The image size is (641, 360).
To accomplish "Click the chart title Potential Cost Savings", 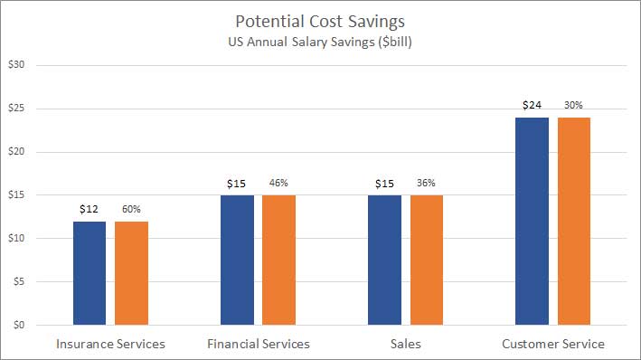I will click(x=320, y=21).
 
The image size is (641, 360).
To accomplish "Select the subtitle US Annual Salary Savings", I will click(x=320, y=42).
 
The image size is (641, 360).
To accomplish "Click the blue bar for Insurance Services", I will click(x=90, y=272).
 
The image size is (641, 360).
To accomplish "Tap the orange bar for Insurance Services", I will click(x=131, y=272).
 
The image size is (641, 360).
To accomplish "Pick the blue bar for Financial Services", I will click(x=237, y=260).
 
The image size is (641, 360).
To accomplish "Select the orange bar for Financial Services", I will click(x=278, y=260).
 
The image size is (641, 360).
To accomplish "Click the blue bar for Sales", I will click(x=384, y=260).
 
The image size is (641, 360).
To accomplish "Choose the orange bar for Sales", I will click(x=427, y=260).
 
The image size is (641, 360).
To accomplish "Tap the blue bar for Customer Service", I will click(x=532, y=221).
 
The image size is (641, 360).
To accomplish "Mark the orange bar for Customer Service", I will click(x=574, y=221).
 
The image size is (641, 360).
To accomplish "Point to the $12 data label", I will click(x=90, y=210).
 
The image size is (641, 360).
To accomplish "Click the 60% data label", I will click(x=131, y=210).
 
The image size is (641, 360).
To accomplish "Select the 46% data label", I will click(x=278, y=184).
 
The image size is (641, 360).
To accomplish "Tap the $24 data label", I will click(x=532, y=106).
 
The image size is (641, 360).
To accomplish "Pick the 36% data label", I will click(x=427, y=184).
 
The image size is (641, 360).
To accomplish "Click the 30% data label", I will click(x=574, y=106).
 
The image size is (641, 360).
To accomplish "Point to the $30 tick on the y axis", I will click(x=16, y=65).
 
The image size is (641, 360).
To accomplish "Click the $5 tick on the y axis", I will click(x=19, y=281).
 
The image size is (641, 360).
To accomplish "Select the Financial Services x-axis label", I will click(x=258, y=344).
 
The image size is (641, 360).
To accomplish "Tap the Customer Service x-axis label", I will click(x=552, y=344).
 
